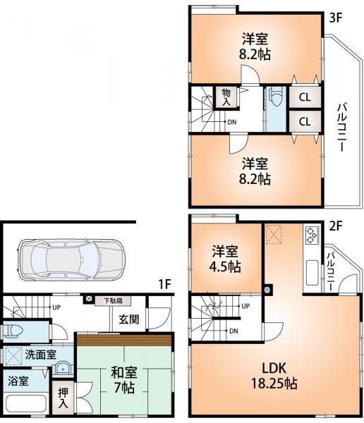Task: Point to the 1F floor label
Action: point(164,284)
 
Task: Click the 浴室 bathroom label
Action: point(20,381)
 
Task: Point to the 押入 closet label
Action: point(63,400)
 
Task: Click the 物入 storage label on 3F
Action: point(226,97)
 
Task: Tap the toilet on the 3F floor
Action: point(276,97)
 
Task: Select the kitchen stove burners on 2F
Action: point(311,234)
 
